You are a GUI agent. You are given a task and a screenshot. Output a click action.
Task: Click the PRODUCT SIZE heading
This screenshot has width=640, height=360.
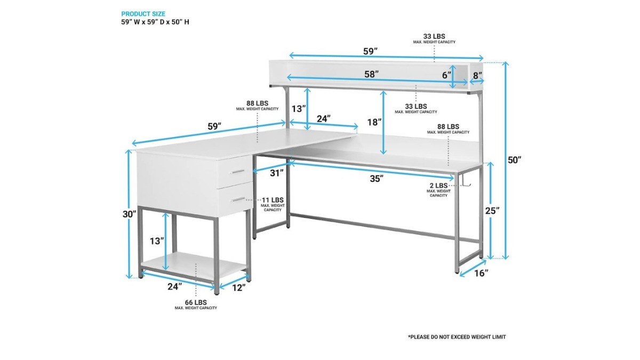click(143, 14)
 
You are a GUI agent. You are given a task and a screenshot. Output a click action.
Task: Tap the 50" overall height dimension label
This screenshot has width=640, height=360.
click(514, 160)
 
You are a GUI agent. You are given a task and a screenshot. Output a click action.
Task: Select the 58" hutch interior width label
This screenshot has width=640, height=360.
click(371, 74)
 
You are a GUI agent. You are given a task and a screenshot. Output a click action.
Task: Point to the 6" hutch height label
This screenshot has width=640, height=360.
click(447, 75)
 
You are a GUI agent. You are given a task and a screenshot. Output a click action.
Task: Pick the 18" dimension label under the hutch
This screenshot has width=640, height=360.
click(374, 122)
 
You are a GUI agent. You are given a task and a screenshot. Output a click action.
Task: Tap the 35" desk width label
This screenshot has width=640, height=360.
click(377, 179)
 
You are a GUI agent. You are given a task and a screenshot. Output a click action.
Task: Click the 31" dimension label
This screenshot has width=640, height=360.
click(277, 173)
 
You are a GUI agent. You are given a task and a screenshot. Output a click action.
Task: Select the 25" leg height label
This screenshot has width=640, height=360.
click(492, 211)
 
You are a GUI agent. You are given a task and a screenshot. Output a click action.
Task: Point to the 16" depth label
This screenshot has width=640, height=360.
click(481, 274)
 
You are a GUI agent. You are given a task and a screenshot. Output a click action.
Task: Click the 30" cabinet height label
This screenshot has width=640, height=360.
click(130, 214)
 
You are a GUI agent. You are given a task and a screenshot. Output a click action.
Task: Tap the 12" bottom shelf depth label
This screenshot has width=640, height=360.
click(238, 287)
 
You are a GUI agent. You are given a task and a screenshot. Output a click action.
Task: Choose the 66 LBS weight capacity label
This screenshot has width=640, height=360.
click(196, 305)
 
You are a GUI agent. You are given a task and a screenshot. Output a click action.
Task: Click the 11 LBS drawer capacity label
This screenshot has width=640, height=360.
click(273, 204)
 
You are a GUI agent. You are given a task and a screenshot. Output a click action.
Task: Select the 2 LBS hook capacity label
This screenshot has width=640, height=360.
click(438, 190)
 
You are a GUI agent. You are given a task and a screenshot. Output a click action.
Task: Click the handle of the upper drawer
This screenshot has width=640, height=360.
click(238, 171)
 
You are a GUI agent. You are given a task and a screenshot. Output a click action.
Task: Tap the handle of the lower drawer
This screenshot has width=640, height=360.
click(238, 199)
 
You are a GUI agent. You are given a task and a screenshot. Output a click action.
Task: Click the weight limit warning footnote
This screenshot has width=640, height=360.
click(457, 337)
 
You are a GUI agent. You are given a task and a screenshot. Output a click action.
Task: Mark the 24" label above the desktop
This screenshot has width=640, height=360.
click(324, 118)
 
